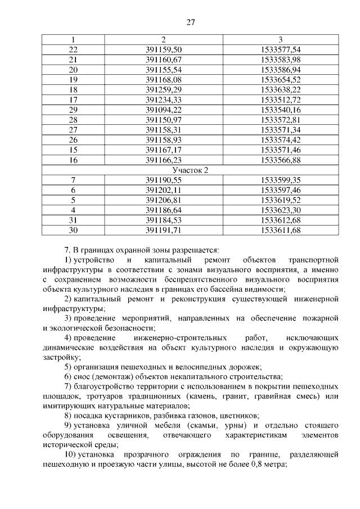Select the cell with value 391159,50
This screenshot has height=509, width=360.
click(163, 49)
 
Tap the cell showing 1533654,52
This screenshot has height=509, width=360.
click(281, 80)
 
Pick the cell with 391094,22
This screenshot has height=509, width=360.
click(163, 110)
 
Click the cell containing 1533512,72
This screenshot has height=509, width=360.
click(281, 100)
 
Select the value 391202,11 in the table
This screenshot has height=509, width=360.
click(163, 190)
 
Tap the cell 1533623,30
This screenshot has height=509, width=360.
click(281, 210)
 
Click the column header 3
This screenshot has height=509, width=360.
click(281, 39)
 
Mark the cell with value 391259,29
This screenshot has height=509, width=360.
click(163, 89)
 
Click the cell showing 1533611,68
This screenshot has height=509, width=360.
click(281, 230)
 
